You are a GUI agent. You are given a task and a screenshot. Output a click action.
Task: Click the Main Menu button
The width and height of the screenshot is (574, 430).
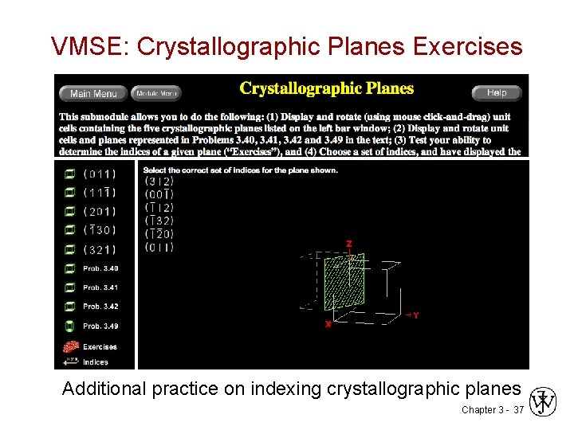tap(93, 93)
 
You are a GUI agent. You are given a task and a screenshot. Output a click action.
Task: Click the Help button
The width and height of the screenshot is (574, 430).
tap(496, 92)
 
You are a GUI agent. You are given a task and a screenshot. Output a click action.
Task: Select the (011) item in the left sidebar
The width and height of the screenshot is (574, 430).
tap(100, 174)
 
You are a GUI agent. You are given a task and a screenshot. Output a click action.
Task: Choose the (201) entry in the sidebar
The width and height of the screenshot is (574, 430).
tap(100, 212)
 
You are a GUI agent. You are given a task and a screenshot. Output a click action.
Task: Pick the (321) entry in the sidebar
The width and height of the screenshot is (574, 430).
tap(100, 250)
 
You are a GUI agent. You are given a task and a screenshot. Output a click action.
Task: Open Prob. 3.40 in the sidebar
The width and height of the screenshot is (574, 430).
tap(100, 268)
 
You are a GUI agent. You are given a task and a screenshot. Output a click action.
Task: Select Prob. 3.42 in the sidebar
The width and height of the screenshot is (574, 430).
tap(100, 307)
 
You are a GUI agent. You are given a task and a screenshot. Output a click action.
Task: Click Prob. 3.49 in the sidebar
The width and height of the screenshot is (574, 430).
tap(100, 326)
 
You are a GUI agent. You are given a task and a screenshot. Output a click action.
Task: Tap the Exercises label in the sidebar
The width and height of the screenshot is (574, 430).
tap(100, 346)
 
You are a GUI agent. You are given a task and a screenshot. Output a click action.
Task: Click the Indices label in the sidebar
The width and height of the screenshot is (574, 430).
tap(96, 362)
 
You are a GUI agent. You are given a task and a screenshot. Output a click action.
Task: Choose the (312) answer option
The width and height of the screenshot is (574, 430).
tap(159, 181)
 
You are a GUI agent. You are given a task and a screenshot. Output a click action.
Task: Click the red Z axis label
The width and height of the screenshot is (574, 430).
tap(348, 244)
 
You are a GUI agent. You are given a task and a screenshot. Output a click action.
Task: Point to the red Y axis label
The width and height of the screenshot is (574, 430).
tap(415, 315)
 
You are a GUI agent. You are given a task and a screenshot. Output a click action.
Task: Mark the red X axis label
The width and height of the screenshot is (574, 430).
tap(327, 325)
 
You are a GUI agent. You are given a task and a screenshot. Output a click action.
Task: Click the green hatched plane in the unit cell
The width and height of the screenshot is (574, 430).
tap(344, 283)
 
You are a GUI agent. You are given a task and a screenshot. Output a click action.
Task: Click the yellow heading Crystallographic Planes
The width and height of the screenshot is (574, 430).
tap(327, 88)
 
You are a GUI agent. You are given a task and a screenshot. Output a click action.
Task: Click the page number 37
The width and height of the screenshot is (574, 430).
tap(518, 409)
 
